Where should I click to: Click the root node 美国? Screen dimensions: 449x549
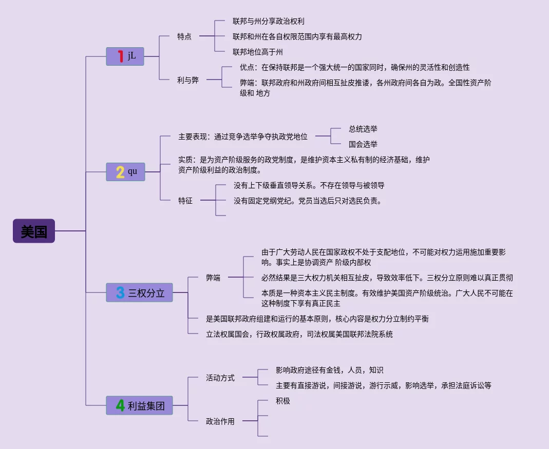click(x=34, y=231)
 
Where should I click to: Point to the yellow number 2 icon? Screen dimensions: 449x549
click(x=120, y=172)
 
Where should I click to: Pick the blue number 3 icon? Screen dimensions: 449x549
click(x=120, y=292)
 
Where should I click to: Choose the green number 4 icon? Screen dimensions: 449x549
click(x=120, y=406)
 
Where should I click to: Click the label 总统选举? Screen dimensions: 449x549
click(x=363, y=129)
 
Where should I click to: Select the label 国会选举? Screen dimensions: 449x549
click(x=363, y=144)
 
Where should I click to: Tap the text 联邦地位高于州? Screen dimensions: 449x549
click(x=258, y=52)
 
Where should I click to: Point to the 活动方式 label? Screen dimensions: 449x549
click(x=220, y=378)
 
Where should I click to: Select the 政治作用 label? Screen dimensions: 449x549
click(x=220, y=421)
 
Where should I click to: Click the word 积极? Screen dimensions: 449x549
click(x=283, y=401)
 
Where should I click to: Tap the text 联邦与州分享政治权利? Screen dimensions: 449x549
click(x=269, y=21)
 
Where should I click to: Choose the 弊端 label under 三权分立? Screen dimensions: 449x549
click(x=213, y=278)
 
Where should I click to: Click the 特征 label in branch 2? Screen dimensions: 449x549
click(x=185, y=201)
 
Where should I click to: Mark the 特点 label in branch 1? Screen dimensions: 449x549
click(x=184, y=36)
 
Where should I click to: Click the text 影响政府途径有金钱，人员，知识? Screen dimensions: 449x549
click(x=329, y=370)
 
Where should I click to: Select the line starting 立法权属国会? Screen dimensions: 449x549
click(x=299, y=334)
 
